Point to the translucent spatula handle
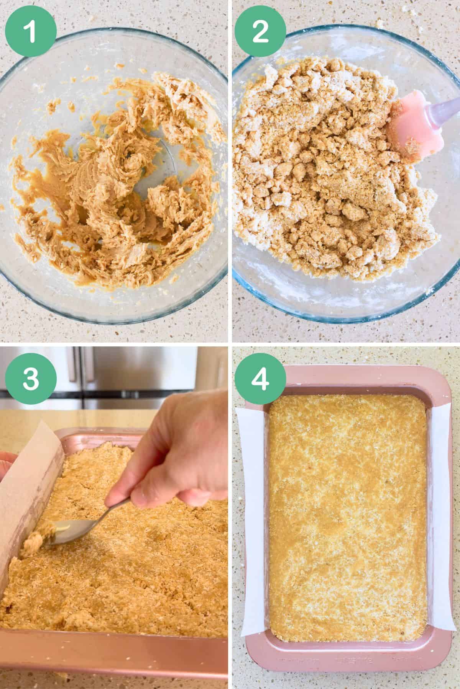pos(441,103)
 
